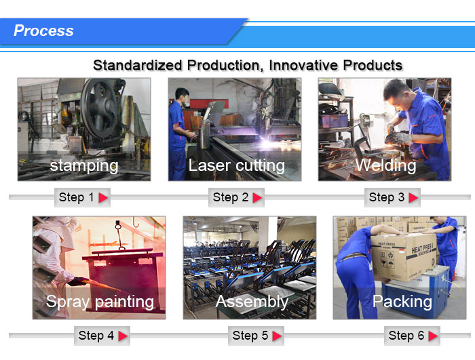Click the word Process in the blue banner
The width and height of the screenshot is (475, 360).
pyautogui.click(x=43, y=31)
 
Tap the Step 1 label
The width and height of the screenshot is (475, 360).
pyautogui.click(x=76, y=197)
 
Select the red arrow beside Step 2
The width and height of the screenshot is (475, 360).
pyautogui.click(x=257, y=198)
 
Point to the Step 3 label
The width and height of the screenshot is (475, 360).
pyautogui.click(x=387, y=197)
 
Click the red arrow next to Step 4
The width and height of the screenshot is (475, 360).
pyautogui.click(x=123, y=336)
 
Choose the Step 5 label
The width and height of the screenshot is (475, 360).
pyautogui.click(x=250, y=336)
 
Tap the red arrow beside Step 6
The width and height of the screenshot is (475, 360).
pyautogui.click(x=433, y=336)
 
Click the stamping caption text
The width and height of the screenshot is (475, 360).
pyautogui.click(x=84, y=166)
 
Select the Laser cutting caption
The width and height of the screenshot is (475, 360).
pyautogui.click(x=237, y=165)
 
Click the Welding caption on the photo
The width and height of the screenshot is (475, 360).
pyautogui.click(x=385, y=165)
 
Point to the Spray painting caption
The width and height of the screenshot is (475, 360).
pyautogui.click(x=100, y=302)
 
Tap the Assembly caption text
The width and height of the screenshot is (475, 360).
pyautogui.click(x=252, y=302)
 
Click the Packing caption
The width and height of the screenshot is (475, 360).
pyautogui.click(x=402, y=302)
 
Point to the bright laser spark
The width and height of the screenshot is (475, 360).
pyautogui.click(x=267, y=142)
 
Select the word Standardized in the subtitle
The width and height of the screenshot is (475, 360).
pyautogui.click(x=138, y=65)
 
